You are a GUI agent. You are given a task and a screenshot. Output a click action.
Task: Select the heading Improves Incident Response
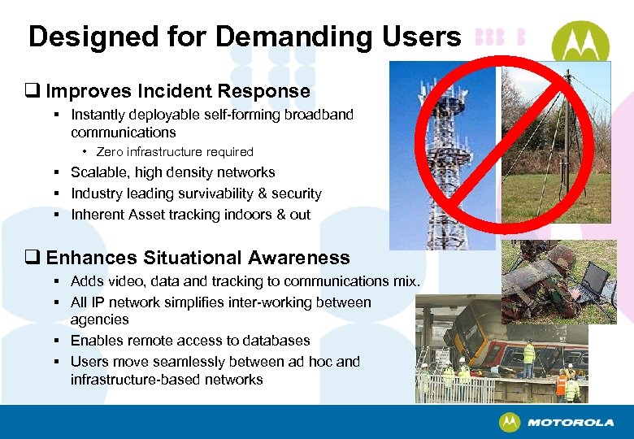point(178,91)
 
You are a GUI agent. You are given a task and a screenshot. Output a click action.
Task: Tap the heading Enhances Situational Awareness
point(198,258)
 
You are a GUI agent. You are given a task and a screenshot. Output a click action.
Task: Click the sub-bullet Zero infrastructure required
point(175,152)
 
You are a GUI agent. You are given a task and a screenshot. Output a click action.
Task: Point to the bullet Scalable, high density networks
point(172,172)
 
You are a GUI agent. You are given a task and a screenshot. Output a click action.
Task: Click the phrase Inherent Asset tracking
point(145,215)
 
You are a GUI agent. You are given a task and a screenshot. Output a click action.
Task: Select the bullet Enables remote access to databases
point(190,341)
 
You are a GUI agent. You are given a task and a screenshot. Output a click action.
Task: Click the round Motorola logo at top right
point(582,42)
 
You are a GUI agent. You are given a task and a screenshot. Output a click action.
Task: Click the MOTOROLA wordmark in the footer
point(570,423)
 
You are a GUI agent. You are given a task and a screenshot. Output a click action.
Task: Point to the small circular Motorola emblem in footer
point(510,423)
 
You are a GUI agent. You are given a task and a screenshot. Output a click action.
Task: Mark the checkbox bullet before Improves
point(35,91)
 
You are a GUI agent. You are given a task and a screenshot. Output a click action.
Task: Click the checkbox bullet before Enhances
point(35,259)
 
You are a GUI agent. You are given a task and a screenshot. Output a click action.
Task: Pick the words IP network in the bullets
point(121,302)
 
